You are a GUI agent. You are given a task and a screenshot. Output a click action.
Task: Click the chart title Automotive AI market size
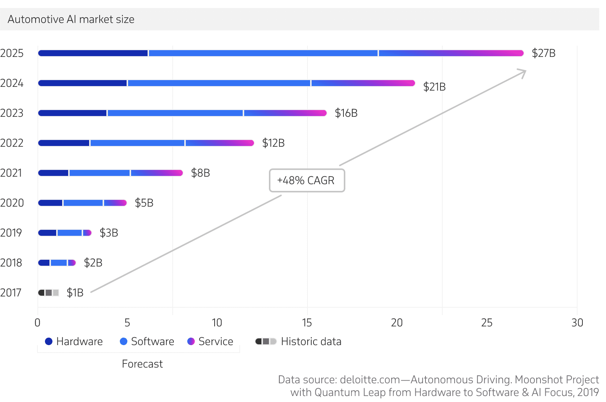tap(71, 19)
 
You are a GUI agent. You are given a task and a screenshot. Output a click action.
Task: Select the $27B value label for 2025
tap(543, 53)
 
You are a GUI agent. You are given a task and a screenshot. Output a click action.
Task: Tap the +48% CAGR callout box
tap(307, 180)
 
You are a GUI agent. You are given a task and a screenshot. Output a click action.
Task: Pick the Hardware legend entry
tap(74, 341)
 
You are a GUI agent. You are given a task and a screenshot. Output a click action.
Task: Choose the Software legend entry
tap(147, 341)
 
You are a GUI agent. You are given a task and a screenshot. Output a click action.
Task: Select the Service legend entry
tap(210, 341)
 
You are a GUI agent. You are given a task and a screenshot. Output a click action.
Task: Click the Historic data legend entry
tap(298, 341)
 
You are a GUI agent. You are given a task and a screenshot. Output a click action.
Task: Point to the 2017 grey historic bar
tap(49, 293)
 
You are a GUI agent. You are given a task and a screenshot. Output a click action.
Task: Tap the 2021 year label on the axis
tap(11, 173)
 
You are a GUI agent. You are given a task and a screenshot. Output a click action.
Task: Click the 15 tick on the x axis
tap(307, 323)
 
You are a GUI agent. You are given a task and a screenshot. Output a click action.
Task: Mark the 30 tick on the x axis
tap(577, 323)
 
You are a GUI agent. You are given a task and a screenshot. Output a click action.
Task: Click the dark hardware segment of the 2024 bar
tap(82, 83)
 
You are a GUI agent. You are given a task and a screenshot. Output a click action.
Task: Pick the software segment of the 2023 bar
tap(175, 113)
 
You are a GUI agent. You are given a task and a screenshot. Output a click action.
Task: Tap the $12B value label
tap(273, 143)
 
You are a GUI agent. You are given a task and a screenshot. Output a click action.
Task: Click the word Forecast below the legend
tap(142, 364)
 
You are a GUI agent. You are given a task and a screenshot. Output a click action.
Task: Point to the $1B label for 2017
tap(75, 293)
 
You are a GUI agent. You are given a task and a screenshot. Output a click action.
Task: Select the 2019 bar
tap(64, 233)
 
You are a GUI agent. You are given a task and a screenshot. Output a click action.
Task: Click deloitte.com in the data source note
tap(370, 380)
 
